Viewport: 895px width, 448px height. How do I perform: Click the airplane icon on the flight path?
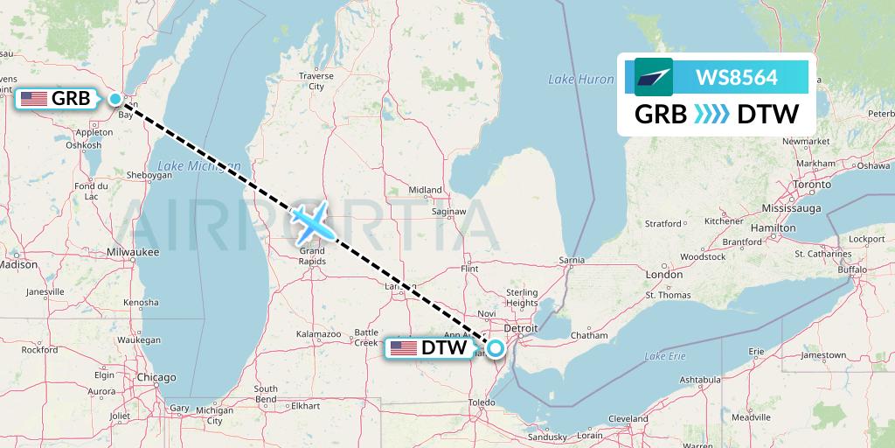point(312,221)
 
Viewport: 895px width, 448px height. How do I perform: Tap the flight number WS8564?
point(736,78)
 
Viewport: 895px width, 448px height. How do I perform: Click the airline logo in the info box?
point(653,77)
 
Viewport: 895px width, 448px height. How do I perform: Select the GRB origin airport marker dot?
point(116,99)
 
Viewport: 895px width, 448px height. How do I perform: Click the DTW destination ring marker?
point(496,348)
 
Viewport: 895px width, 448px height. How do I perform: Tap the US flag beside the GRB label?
point(34,99)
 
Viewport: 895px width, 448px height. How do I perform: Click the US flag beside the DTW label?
point(404,348)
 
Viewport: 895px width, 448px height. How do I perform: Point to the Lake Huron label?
point(580,80)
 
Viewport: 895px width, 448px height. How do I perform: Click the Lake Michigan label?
point(188,165)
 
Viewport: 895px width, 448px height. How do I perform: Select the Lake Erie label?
point(665,356)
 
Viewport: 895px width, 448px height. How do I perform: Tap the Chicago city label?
point(156,377)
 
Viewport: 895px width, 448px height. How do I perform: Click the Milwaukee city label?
point(131,252)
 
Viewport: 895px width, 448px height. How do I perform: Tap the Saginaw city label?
point(448,212)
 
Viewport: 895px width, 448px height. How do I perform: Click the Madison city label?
point(17,264)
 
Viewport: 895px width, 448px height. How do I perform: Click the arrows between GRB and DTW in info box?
point(711,115)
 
